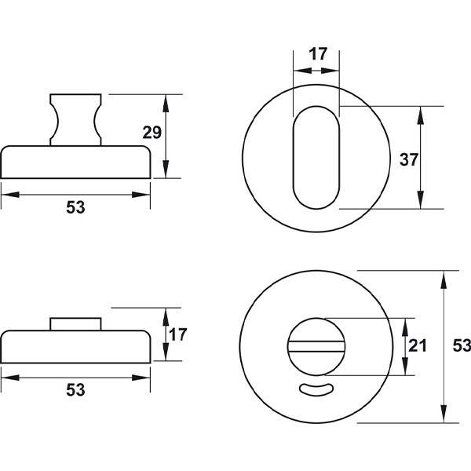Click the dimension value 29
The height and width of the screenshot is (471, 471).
(x=152, y=133)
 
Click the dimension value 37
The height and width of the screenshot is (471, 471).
(x=409, y=159)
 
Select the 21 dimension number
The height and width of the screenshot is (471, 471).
(x=418, y=345)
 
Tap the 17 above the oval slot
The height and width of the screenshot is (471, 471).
(x=317, y=54)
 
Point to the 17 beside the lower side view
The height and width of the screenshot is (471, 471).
(x=177, y=334)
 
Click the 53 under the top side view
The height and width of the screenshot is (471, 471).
(x=75, y=207)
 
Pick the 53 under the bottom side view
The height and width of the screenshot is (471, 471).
(x=75, y=390)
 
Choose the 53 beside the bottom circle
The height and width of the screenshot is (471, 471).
(x=462, y=345)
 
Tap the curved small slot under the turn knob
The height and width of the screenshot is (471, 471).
(x=316, y=389)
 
